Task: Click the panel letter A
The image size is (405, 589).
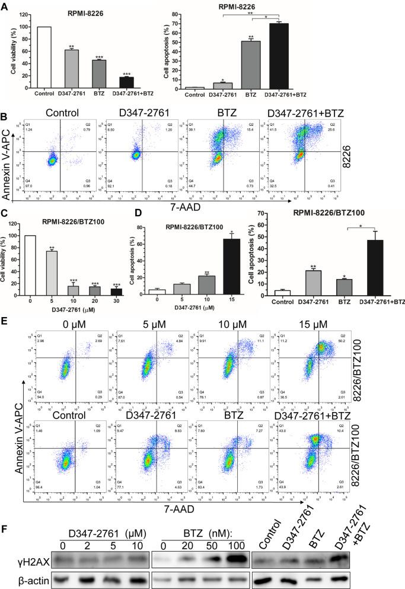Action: coord(6,5)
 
